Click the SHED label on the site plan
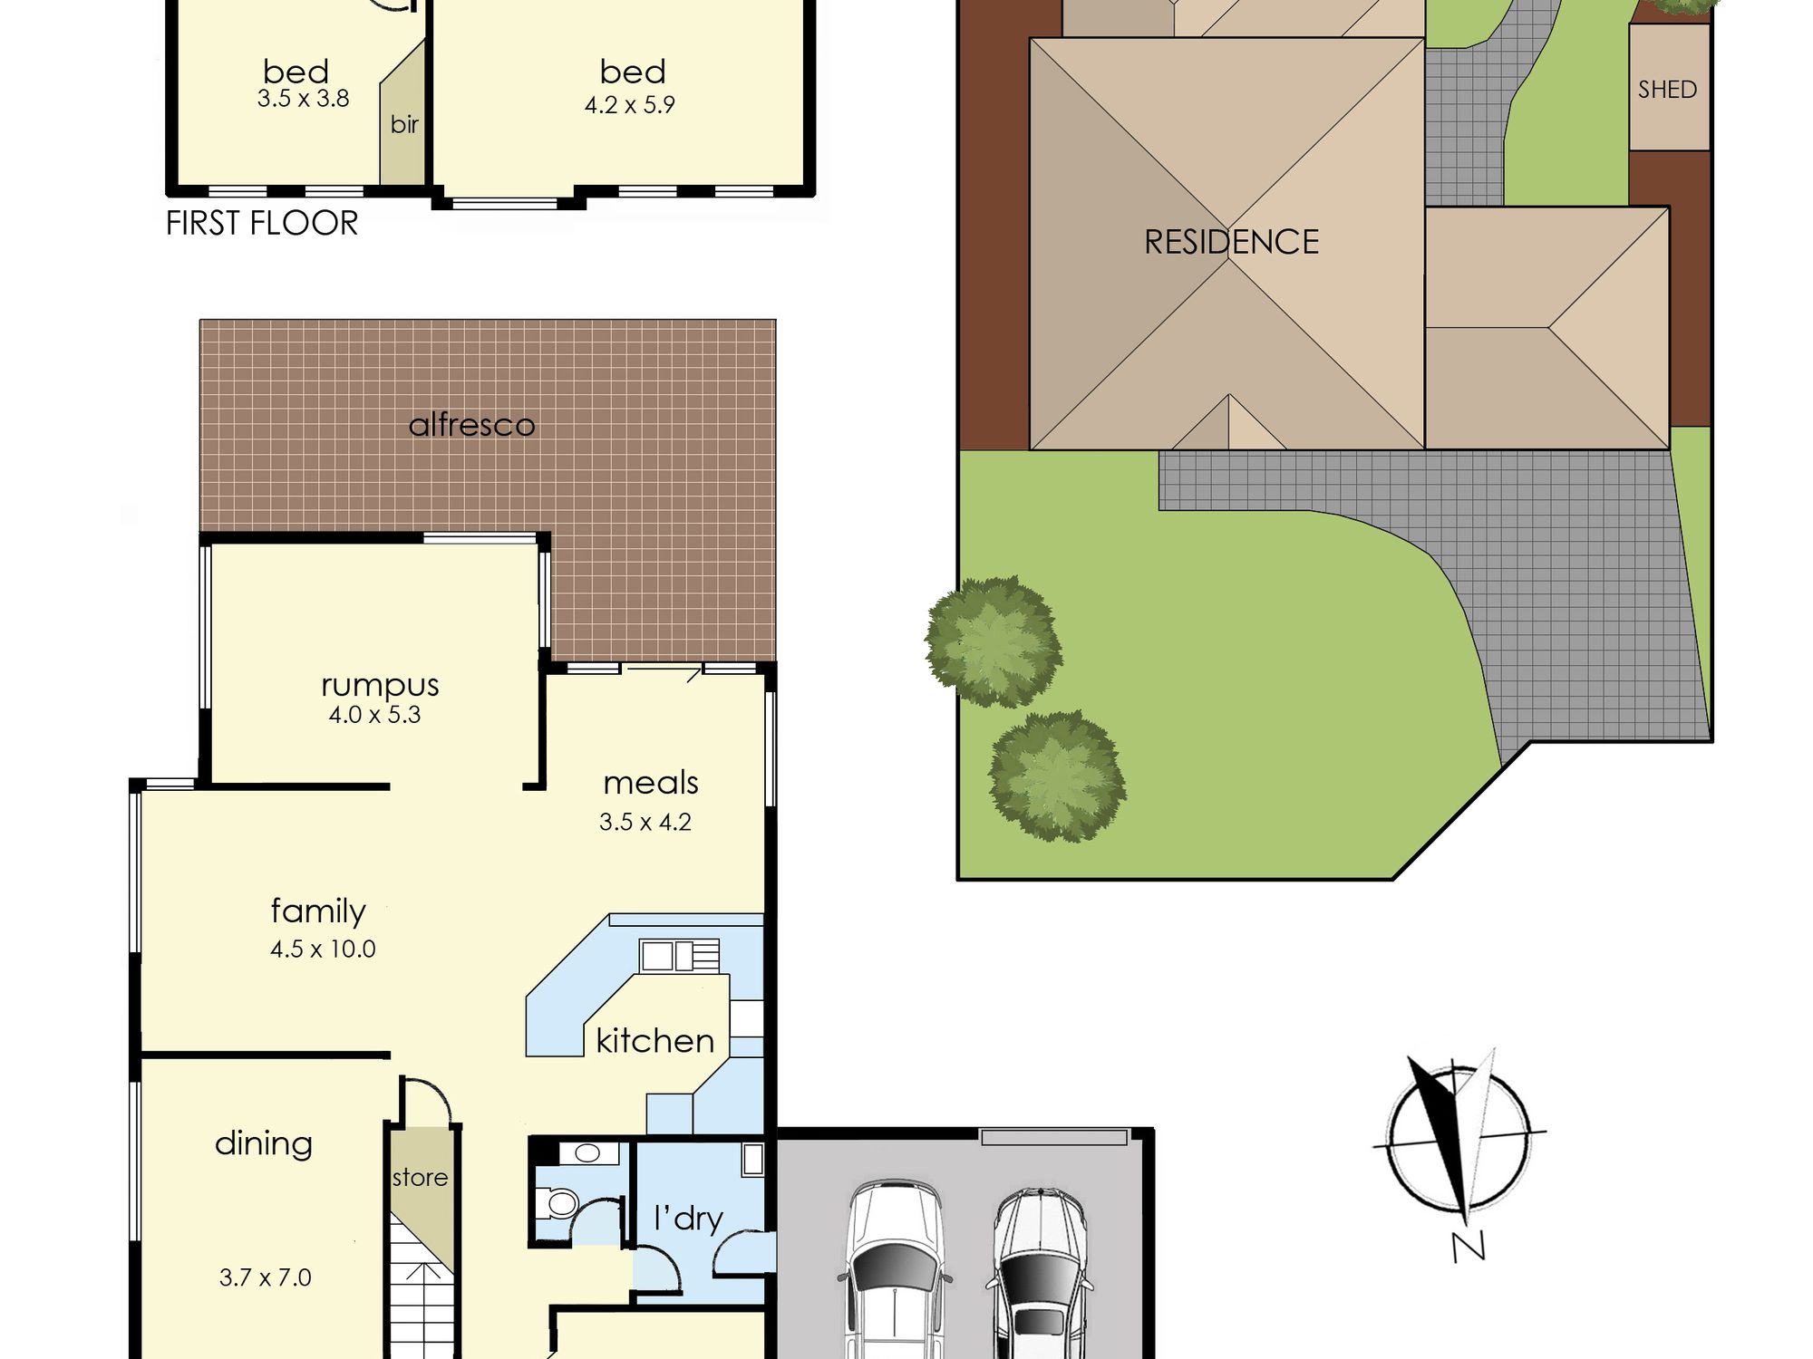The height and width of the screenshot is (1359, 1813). point(1667,90)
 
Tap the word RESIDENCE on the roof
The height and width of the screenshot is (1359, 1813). point(1231,242)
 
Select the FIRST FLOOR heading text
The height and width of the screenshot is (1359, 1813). point(262,223)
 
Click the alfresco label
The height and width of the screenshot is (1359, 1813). point(471,424)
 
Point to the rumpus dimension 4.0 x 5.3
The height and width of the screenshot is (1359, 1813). point(374,715)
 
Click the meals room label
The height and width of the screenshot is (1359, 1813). point(651,783)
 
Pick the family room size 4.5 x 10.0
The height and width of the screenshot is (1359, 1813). point(323,949)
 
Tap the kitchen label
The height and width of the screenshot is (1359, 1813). point(654,1041)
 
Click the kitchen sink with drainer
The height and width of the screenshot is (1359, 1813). point(680,956)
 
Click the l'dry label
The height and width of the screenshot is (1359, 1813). point(688,1219)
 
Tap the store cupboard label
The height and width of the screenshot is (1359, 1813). point(420,1178)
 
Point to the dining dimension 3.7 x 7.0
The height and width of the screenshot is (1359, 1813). point(265,1277)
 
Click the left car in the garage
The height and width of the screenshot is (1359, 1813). point(895,1268)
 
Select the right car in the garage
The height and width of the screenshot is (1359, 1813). point(1040,1273)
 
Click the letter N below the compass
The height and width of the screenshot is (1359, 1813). point(1469,1248)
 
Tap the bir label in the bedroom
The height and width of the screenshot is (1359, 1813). point(404,124)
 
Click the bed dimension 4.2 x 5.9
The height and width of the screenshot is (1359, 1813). point(629,105)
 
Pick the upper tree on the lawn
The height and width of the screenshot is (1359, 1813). point(994,641)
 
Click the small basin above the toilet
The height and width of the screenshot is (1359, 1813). point(587,1153)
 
